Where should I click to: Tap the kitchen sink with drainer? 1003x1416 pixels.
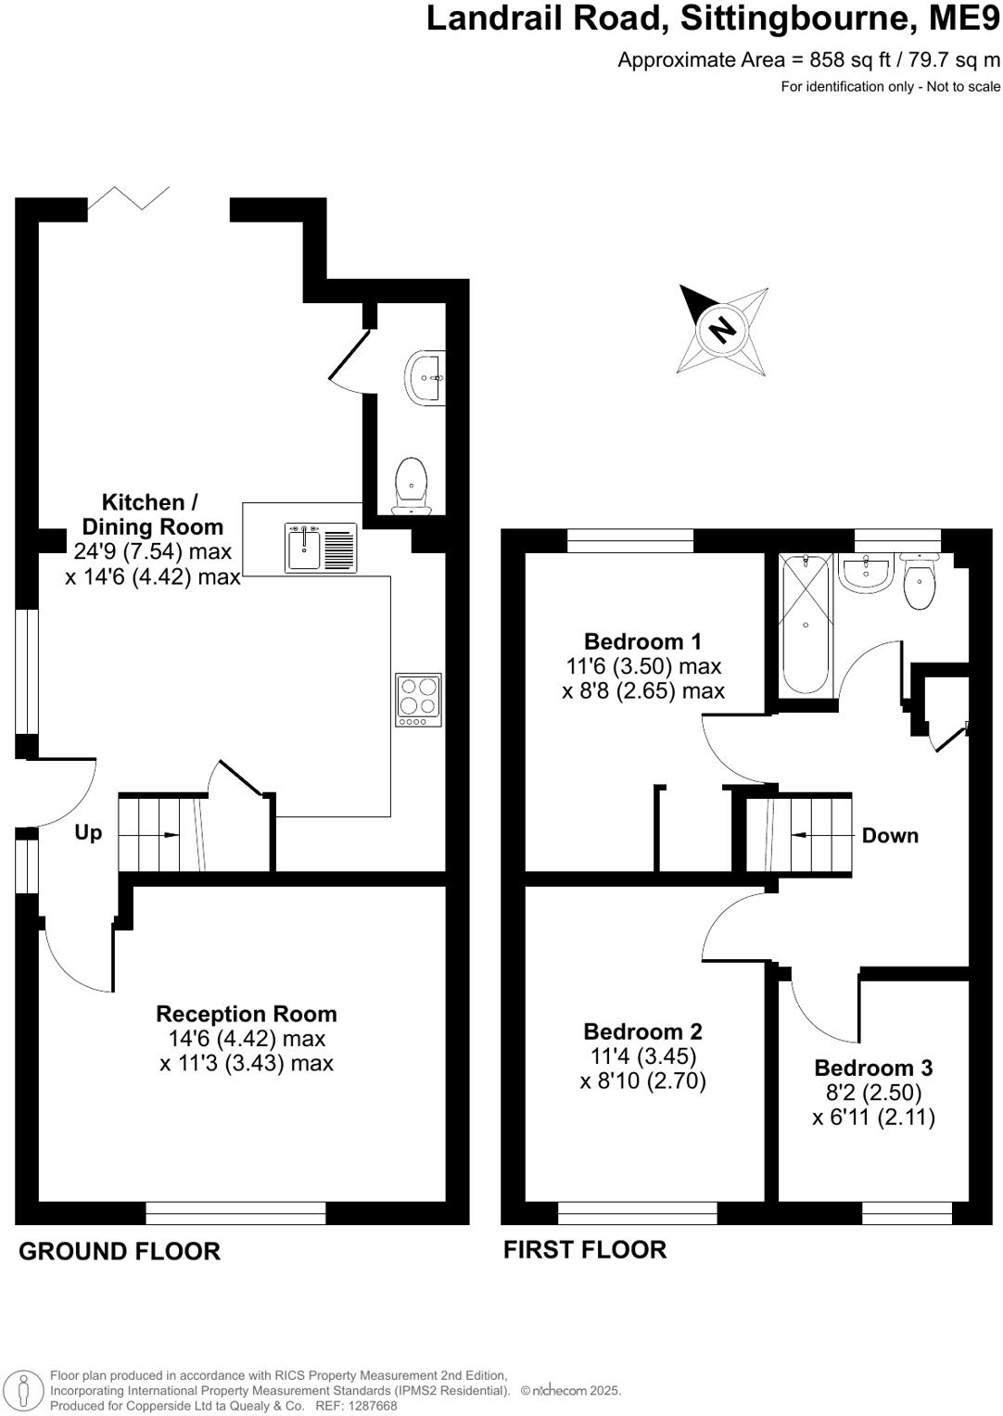coord(320,548)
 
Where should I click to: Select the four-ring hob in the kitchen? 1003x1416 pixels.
coord(418,700)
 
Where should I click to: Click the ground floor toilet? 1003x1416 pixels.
coord(411,485)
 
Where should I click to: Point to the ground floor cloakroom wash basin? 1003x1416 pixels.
coord(425,377)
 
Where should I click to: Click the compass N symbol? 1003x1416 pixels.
coord(721,329)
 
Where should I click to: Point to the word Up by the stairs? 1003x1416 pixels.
coord(88,832)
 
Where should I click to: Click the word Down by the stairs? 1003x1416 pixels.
coord(890,836)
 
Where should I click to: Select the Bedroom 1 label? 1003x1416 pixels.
coord(642,641)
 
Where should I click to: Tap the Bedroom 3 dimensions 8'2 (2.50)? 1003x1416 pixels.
coord(873,1093)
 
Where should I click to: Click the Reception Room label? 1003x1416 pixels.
coord(246,1014)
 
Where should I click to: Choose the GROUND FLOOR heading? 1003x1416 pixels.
coord(120,1251)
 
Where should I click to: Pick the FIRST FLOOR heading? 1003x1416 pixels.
coord(584,1250)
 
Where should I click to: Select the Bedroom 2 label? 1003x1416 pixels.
coord(642,1031)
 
